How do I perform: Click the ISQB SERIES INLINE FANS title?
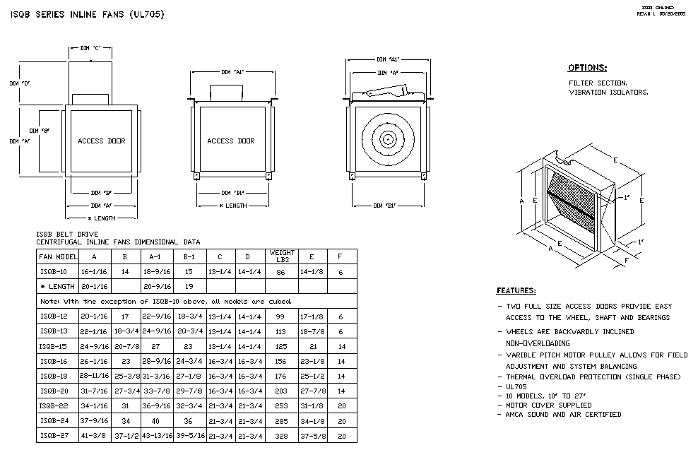(x=88, y=14)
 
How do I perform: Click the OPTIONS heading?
(x=587, y=68)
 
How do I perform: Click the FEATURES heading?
(x=516, y=290)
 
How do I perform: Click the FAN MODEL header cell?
(x=58, y=256)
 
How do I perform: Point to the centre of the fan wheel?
(x=386, y=140)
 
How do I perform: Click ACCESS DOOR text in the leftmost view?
(x=101, y=141)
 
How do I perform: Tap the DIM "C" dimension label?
(x=90, y=48)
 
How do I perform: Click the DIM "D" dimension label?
(x=19, y=83)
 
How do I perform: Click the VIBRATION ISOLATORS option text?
(x=608, y=92)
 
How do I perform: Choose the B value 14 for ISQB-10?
(x=124, y=271)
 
